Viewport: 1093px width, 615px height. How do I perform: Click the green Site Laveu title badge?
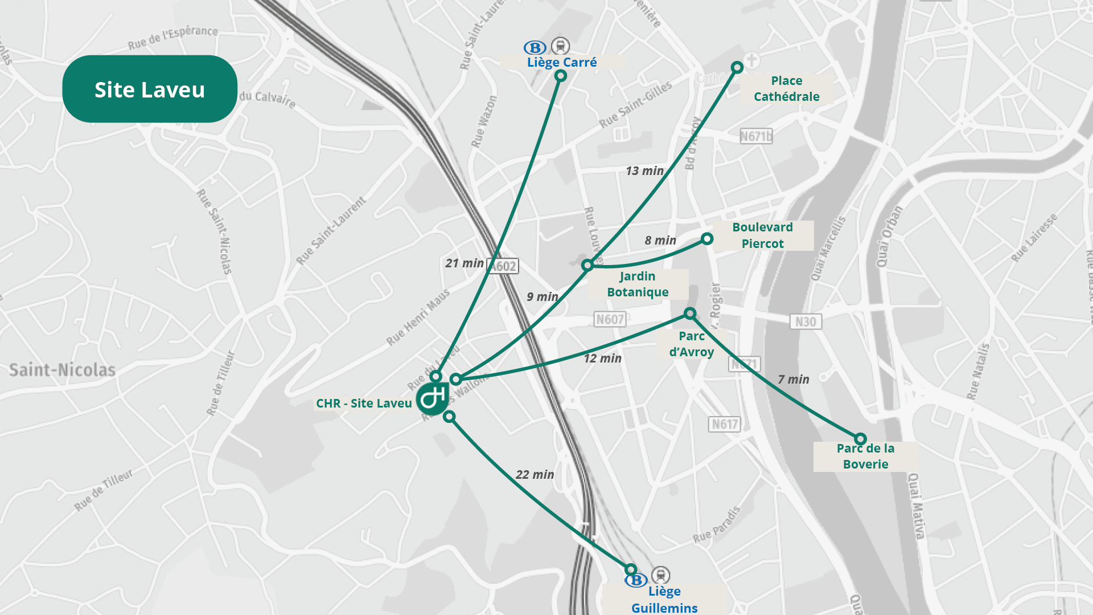pyautogui.click(x=149, y=89)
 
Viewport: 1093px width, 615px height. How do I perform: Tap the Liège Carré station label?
pyautogui.click(x=561, y=62)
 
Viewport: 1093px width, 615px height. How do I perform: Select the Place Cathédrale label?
pyautogui.click(x=786, y=88)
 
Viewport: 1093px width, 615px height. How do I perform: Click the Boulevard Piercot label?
pyautogui.click(x=762, y=235)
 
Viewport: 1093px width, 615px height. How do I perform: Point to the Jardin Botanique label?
pyautogui.click(x=637, y=284)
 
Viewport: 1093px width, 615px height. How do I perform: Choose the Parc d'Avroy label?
pyautogui.click(x=691, y=344)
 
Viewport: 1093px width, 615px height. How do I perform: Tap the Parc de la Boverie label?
pyautogui.click(x=865, y=456)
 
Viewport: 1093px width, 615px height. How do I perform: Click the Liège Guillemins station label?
pyautogui.click(x=664, y=599)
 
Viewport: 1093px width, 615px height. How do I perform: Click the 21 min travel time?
pyautogui.click(x=465, y=263)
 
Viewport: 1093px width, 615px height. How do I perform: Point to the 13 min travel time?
pyautogui.click(x=644, y=170)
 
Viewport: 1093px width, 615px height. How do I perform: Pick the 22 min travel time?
pyautogui.click(x=535, y=474)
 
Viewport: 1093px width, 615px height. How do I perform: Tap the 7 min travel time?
pyautogui.click(x=793, y=379)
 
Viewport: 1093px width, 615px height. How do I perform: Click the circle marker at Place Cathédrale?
pyautogui.click(x=737, y=67)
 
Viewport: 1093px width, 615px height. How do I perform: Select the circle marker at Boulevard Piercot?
pyautogui.click(x=706, y=238)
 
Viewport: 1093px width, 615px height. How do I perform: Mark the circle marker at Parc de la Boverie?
pyautogui.click(x=860, y=439)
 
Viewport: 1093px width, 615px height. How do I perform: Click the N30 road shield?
pyautogui.click(x=806, y=321)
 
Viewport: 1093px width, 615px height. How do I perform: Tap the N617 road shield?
pyautogui.click(x=725, y=424)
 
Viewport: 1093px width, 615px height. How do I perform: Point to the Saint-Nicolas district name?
pyautogui.click(x=62, y=370)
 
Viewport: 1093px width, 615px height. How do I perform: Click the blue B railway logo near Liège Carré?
pyautogui.click(x=535, y=48)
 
